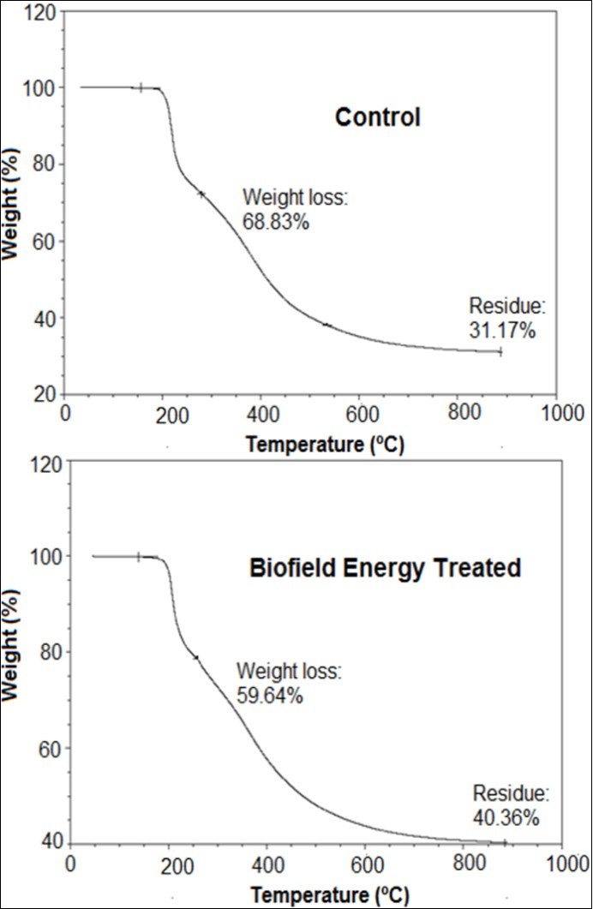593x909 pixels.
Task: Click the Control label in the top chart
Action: (377, 117)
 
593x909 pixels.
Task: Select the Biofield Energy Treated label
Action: (385, 568)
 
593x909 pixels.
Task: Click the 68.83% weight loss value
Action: (275, 222)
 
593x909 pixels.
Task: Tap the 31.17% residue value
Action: (502, 330)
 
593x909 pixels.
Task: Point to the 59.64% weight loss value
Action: (269, 696)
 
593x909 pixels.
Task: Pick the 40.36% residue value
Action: (506, 817)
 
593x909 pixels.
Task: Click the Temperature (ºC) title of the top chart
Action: (325, 444)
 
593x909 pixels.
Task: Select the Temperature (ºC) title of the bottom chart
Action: (330, 894)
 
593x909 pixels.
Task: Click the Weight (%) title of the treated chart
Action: (11, 654)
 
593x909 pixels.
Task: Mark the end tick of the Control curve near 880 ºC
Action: (500, 351)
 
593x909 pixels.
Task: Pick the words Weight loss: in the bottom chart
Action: (289, 672)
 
